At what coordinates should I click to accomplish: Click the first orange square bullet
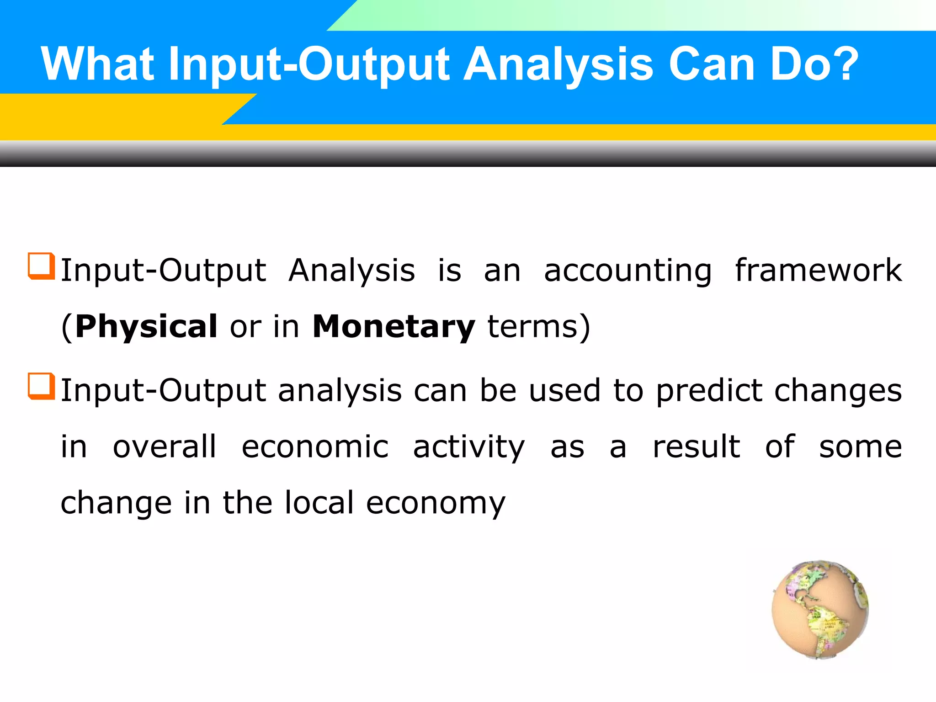point(41,266)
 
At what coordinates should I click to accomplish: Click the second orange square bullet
point(41,386)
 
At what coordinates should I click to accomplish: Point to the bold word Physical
point(146,326)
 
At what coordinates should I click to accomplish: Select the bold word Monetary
point(394,327)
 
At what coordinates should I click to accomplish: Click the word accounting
point(628,271)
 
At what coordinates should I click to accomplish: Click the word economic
point(315,447)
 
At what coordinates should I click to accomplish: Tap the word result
point(696,447)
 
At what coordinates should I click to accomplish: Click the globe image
point(820,609)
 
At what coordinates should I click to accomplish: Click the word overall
point(164,447)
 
